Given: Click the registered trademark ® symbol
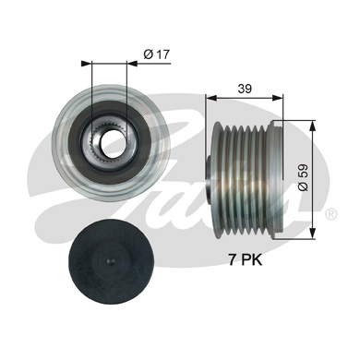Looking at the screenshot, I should pyautogui.click(x=331, y=213).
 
